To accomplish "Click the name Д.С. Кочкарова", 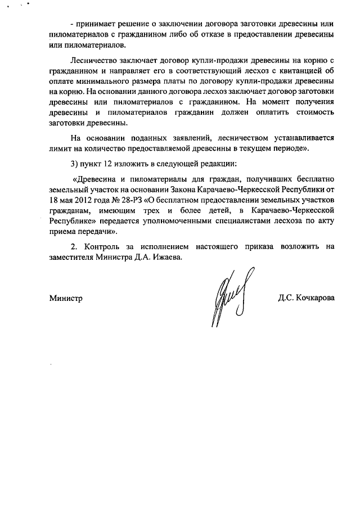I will pos(306,298).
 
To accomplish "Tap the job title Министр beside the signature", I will pos(66,298).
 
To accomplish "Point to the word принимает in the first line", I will pos(97,26).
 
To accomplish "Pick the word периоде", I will pos(287,148).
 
